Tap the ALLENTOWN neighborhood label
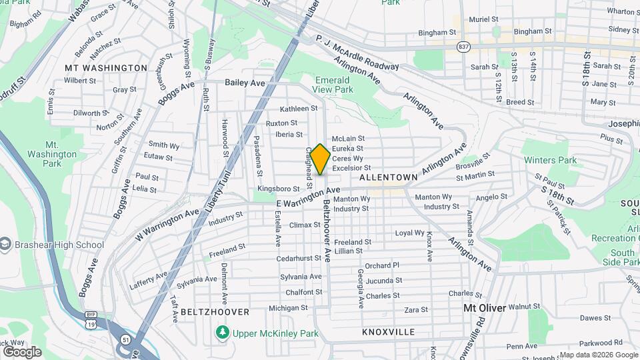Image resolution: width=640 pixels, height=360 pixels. (x=388, y=178)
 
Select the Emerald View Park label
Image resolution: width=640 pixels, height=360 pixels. (x=333, y=85)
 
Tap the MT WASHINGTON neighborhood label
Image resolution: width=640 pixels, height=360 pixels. (x=106, y=68)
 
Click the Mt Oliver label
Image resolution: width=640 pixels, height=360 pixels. (x=485, y=308)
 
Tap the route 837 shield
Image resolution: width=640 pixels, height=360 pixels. (x=463, y=46)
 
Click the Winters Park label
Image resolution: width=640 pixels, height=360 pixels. (x=550, y=160)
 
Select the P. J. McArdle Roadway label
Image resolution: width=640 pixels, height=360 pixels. (x=357, y=53)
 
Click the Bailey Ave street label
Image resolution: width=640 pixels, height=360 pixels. (x=245, y=83)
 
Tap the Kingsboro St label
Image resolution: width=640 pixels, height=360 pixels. (x=278, y=189)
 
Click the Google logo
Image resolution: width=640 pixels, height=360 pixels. (x=22, y=351)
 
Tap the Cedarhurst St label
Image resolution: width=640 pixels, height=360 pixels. (x=299, y=258)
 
